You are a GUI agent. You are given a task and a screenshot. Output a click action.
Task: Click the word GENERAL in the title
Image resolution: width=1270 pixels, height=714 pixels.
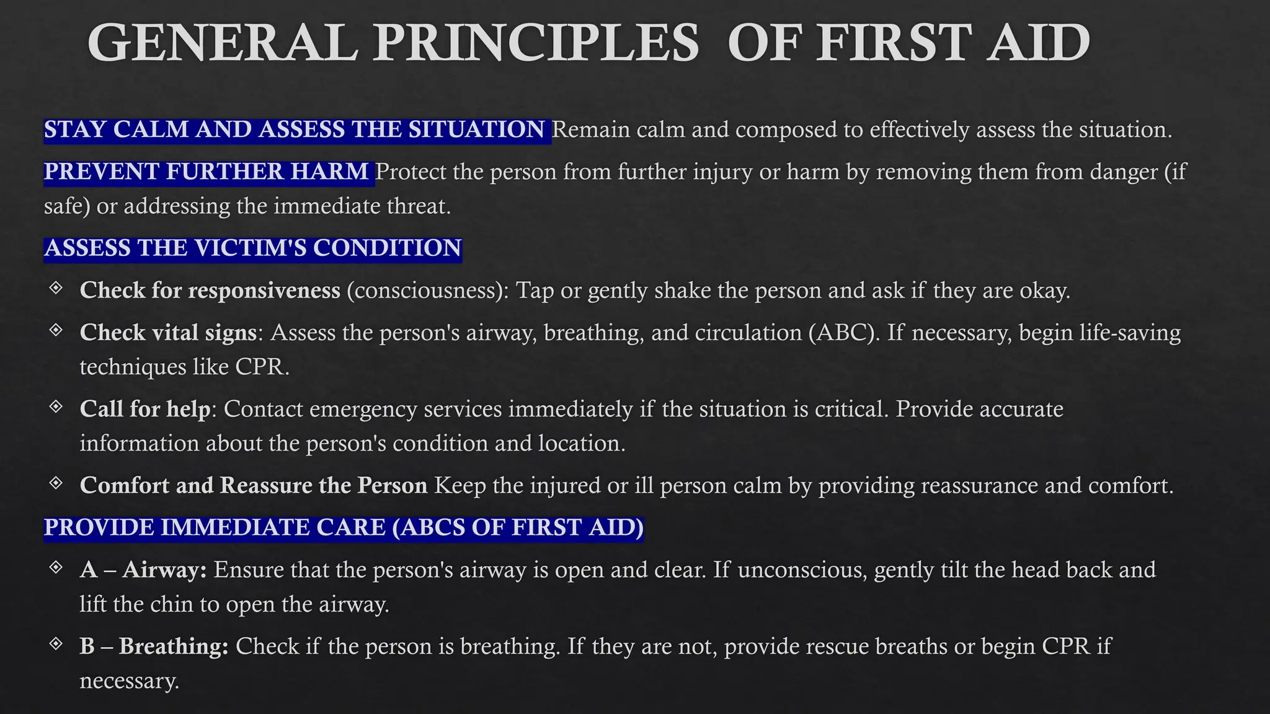(223, 43)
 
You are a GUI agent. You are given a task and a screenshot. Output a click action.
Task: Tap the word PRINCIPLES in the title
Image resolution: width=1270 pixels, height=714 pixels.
(536, 43)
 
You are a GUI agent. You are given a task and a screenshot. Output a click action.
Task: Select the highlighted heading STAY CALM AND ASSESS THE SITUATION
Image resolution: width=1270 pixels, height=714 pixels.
(295, 130)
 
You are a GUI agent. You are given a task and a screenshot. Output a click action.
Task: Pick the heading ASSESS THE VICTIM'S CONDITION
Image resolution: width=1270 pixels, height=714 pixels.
(252, 249)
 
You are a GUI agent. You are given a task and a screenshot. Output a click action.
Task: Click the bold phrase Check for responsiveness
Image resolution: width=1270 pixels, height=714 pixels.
(210, 291)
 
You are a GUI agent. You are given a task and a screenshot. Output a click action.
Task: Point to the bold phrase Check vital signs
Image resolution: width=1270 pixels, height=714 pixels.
(168, 333)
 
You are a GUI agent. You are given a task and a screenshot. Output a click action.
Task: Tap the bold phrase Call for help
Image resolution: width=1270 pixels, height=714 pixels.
(145, 410)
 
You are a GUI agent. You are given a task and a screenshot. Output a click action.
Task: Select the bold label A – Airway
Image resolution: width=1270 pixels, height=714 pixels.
(143, 570)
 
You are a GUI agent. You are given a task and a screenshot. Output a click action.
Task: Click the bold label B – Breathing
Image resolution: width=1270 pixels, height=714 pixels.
(154, 646)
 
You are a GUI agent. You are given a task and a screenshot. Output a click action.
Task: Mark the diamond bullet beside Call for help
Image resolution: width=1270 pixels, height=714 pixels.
(56, 407)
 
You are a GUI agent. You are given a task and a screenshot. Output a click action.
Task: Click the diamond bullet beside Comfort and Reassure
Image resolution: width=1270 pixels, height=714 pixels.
(56, 483)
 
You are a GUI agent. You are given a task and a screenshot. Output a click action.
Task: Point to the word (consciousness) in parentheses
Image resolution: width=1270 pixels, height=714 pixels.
(427, 291)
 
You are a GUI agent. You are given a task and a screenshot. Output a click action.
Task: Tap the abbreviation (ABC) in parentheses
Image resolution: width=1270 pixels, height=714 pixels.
(844, 333)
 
